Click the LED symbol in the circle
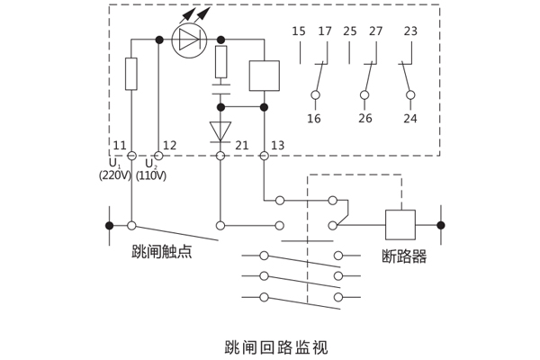tap(189, 40)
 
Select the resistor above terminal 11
tap(131, 74)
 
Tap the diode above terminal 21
tap(220, 132)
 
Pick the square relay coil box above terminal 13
tap(264, 76)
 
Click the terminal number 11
tap(120, 146)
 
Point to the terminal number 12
tap(169, 146)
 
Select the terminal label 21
tap(241, 146)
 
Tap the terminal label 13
tap(277, 146)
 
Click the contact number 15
tap(299, 31)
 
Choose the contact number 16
tap(314, 119)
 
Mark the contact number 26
tap(364, 119)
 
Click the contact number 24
tap(410, 119)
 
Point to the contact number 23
tap(410, 31)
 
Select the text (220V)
tap(115, 175)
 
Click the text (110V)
tap(151, 175)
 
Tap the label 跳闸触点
tap(162, 252)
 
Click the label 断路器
tap(404, 256)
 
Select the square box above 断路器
tap(400, 224)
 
